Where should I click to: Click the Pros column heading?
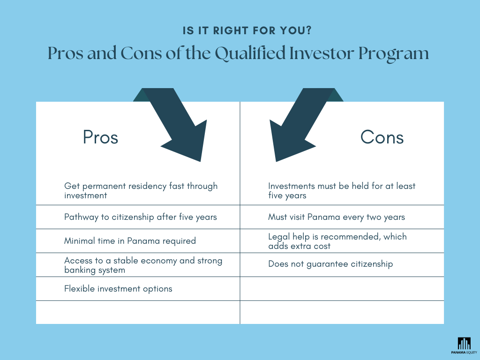pos(100,137)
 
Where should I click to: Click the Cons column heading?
pos(382,137)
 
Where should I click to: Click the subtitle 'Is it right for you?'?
pos(247,31)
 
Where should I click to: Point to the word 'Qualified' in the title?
pos(250,53)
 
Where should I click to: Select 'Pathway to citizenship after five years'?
pos(141,217)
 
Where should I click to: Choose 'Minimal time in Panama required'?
pos(130,241)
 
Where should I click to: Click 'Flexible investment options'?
pos(118,289)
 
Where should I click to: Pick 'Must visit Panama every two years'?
pos(337,217)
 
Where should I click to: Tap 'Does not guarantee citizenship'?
pos(330,264)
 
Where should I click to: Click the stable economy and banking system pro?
pos(143,265)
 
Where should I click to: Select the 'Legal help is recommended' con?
pos(337,241)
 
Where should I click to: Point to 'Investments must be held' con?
pos(342,190)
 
